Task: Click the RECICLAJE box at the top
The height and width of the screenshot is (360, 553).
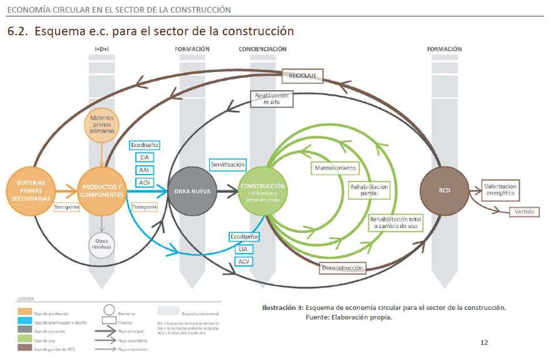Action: pos(302,75)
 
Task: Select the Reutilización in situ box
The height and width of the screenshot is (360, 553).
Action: pos(271,98)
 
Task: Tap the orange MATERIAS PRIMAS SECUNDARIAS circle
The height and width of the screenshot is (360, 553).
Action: pos(30,190)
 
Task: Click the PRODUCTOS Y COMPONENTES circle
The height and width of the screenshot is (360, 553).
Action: pos(101,190)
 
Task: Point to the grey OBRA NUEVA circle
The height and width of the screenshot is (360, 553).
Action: pos(192,190)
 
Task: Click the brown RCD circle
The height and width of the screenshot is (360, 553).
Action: pos(444,190)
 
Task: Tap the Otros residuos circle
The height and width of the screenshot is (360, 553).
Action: pos(101,243)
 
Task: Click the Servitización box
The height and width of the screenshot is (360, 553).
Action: pos(227,165)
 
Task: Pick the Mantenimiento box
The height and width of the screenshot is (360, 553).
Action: pos(334,168)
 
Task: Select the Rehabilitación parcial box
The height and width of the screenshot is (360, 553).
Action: pos(369,190)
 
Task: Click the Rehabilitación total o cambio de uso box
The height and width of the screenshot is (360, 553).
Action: pos(396,222)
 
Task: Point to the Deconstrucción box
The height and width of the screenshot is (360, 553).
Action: pos(342,268)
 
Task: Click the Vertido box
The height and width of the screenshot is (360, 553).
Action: pos(524,212)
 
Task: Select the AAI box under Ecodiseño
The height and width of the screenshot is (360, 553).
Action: pos(144,170)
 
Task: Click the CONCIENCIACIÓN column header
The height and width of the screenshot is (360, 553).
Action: pos(262,49)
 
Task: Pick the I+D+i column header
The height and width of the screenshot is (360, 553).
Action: pos(101,49)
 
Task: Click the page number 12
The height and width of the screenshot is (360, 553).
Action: pos(484,342)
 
